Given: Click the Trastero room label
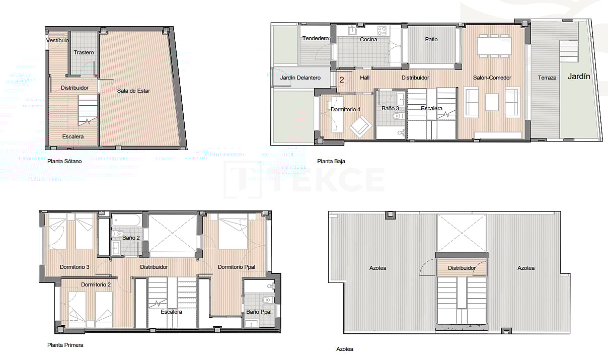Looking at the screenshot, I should pos(84,52).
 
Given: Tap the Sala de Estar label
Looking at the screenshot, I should pos(133,91).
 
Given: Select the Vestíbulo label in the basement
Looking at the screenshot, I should pos(57,40).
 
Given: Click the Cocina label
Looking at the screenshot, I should pos(368,39).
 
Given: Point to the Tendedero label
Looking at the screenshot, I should pos(316,39).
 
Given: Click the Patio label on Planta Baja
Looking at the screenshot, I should pos(431,39).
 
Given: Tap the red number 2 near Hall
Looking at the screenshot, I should pos(342,80).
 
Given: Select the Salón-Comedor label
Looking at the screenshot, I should pos(492,78).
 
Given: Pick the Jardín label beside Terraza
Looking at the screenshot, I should pos(579,77).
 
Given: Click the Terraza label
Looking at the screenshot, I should pos(547,78).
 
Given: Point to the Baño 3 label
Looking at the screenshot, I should pos(390,108).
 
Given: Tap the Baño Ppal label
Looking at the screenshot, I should pos(259,312).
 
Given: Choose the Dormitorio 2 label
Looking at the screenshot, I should pos(96,284).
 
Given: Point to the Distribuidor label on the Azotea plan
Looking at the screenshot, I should pos(462,268).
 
